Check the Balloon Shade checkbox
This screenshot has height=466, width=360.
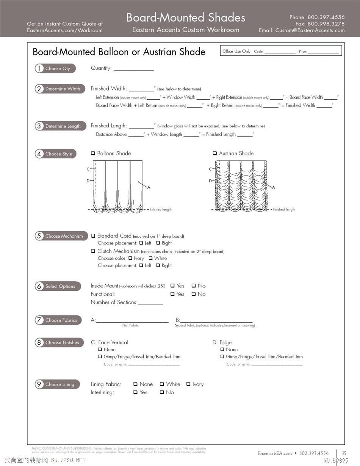pyautogui.click(x=93, y=154)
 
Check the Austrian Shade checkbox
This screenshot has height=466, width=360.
pyautogui.click(x=215, y=154)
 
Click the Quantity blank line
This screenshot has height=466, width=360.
pyautogui.click(x=133, y=69)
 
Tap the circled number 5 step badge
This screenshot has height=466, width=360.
pyautogui.click(x=39, y=236)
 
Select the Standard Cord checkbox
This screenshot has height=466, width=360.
pyautogui.click(x=93, y=236)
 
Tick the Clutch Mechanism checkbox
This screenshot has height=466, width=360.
pyautogui.click(x=93, y=251)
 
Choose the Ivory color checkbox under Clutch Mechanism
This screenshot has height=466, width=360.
pyautogui.click(x=130, y=258)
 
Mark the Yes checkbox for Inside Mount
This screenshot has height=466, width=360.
pyautogui.click(x=172, y=286)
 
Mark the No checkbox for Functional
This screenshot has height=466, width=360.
pyautogui.click(x=194, y=294)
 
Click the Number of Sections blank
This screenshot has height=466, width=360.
pyautogui.click(x=150, y=303)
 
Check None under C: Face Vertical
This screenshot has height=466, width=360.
pyautogui.click(x=100, y=350)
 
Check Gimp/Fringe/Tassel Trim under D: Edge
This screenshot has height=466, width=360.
pyautogui.click(x=222, y=357)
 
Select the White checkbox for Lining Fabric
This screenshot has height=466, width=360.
pyautogui.click(x=162, y=384)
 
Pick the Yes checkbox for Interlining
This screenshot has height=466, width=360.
pyautogui.click(x=135, y=392)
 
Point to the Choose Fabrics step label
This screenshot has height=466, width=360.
pyautogui.click(x=61, y=320)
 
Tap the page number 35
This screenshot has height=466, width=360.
pyautogui.click(x=344, y=453)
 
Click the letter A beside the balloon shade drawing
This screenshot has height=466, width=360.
pyautogui.click(x=149, y=187)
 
